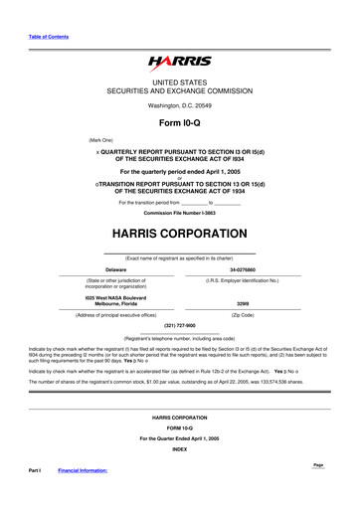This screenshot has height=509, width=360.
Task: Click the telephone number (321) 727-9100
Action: (x=179, y=325)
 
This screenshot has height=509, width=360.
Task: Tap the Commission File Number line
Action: (x=179, y=213)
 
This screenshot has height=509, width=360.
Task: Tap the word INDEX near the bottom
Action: (x=179, y=475)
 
